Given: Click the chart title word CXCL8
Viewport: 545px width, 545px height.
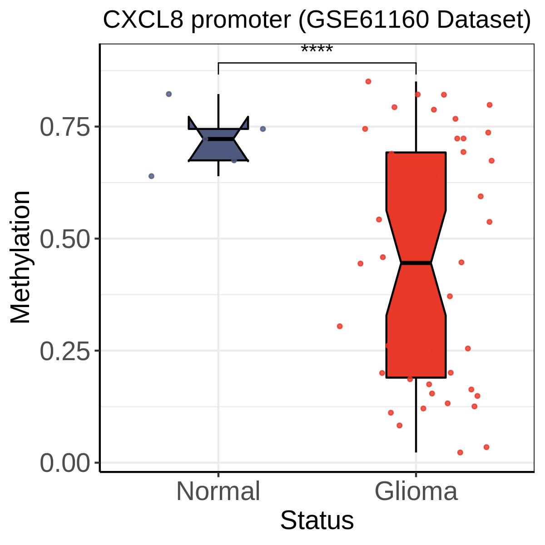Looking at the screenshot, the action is pyautogui.click(x=143, y=20).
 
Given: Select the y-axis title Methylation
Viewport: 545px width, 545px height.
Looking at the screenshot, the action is pyautogui.click(x=20, y=258).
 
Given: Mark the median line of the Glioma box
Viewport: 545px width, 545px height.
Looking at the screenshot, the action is pyautogui.click(x=416, y=263).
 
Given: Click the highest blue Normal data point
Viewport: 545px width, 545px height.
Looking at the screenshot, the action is pyautogui.click(x=168, y=94).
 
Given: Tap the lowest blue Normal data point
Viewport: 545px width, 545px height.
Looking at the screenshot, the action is pyautogui.click(x=151, y=176).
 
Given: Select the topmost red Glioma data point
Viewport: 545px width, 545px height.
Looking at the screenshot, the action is pyautogui.click(x=368, y=81).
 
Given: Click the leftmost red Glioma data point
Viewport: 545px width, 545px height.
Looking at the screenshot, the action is pyautogui.click(x=340, y=327).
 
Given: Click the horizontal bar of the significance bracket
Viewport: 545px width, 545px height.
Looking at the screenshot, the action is pyautogui.click(x=317, y=63).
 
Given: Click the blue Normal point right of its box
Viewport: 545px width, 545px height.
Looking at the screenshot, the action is pyautogui.click(x=263, y=129).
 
